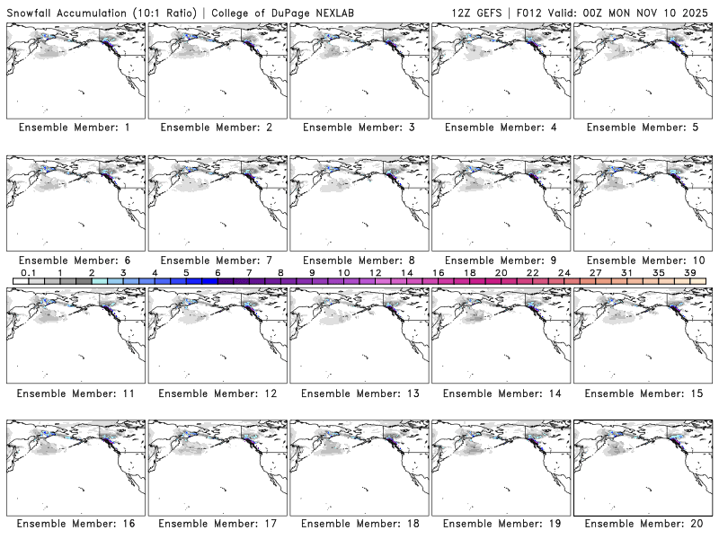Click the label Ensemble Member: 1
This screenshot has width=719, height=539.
click(x=74, y=128)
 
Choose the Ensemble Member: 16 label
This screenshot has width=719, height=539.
click(x=74, y=523)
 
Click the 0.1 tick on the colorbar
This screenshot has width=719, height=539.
click(x=28, y=272)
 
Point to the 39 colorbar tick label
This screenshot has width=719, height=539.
click(x=689, y=272)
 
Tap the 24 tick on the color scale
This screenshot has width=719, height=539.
click(x=564, y=272)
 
